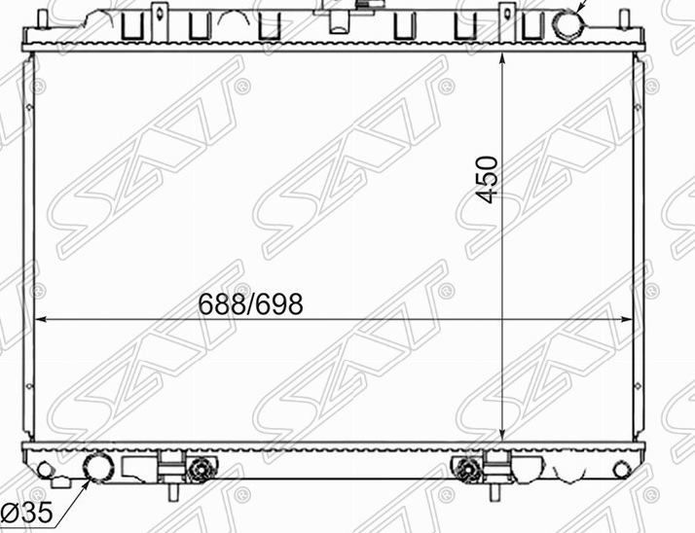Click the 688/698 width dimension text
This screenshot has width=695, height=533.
pyautogui.click(x=250, y=303)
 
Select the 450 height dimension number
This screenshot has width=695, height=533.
pyautogui.click(x=487, y=179)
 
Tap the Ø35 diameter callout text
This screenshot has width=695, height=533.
pyautogui.click(x=27, y=513)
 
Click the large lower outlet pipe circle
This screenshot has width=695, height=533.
pyautogui.click(x=99, y=467)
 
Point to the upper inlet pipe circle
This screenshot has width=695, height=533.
pyautogui.click(x=568, y=24)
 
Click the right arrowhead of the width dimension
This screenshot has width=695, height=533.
pyautogui.click(x=626, y=319)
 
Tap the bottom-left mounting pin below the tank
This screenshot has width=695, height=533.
pyautogui.click(x=173, y=491)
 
